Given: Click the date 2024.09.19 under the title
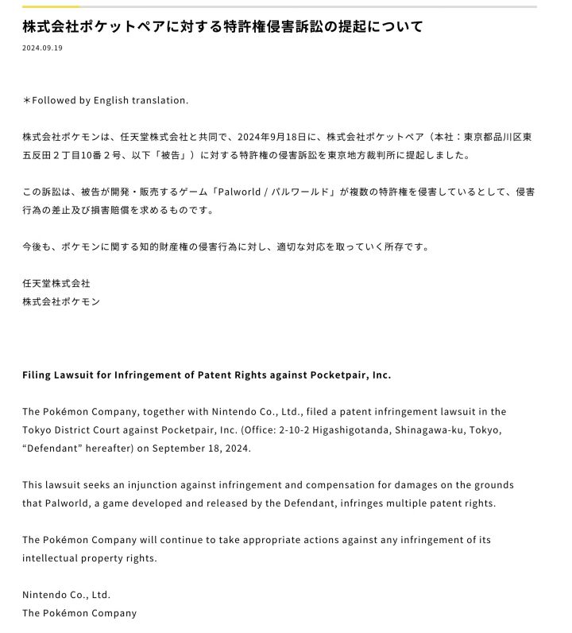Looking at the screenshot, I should (x=42, y=48).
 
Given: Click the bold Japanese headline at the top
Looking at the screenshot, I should (x=222, y=26).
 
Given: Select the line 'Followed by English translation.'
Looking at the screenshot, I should (x=106, y=100).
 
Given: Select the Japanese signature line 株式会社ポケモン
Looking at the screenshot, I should (x=61, y=301).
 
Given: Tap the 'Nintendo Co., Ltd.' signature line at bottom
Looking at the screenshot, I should (x=66, y=594).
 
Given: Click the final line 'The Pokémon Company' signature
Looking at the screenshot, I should (x=79, y=612).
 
